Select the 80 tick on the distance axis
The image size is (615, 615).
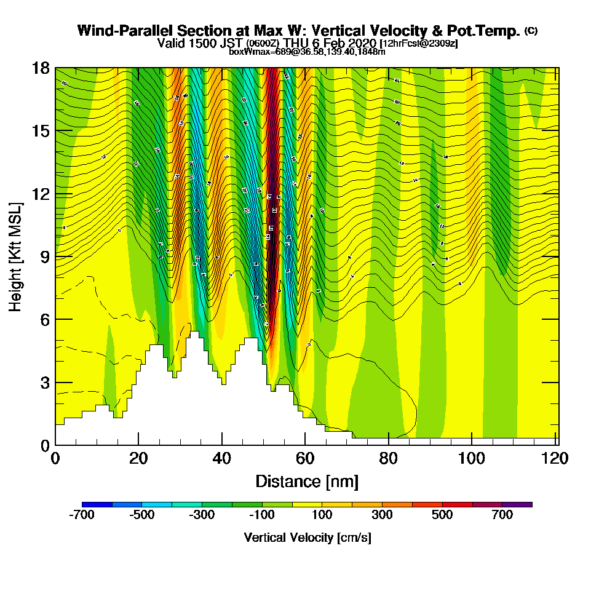point(389,459)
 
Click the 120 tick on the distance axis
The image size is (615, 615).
point(555,459)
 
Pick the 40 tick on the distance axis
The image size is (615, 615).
point(222,459)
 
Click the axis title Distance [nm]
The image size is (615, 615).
point(307,481)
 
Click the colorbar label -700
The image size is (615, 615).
point(82,515)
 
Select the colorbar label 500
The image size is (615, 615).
point(442,515)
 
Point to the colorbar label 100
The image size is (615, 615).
point(322,515)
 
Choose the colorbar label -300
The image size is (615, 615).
point(202,515)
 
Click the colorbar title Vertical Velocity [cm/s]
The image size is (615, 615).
point(307,538)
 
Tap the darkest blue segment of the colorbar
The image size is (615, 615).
point(97,504)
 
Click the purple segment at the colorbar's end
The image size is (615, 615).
point(517,504)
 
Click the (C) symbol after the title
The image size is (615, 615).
point(531,30)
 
